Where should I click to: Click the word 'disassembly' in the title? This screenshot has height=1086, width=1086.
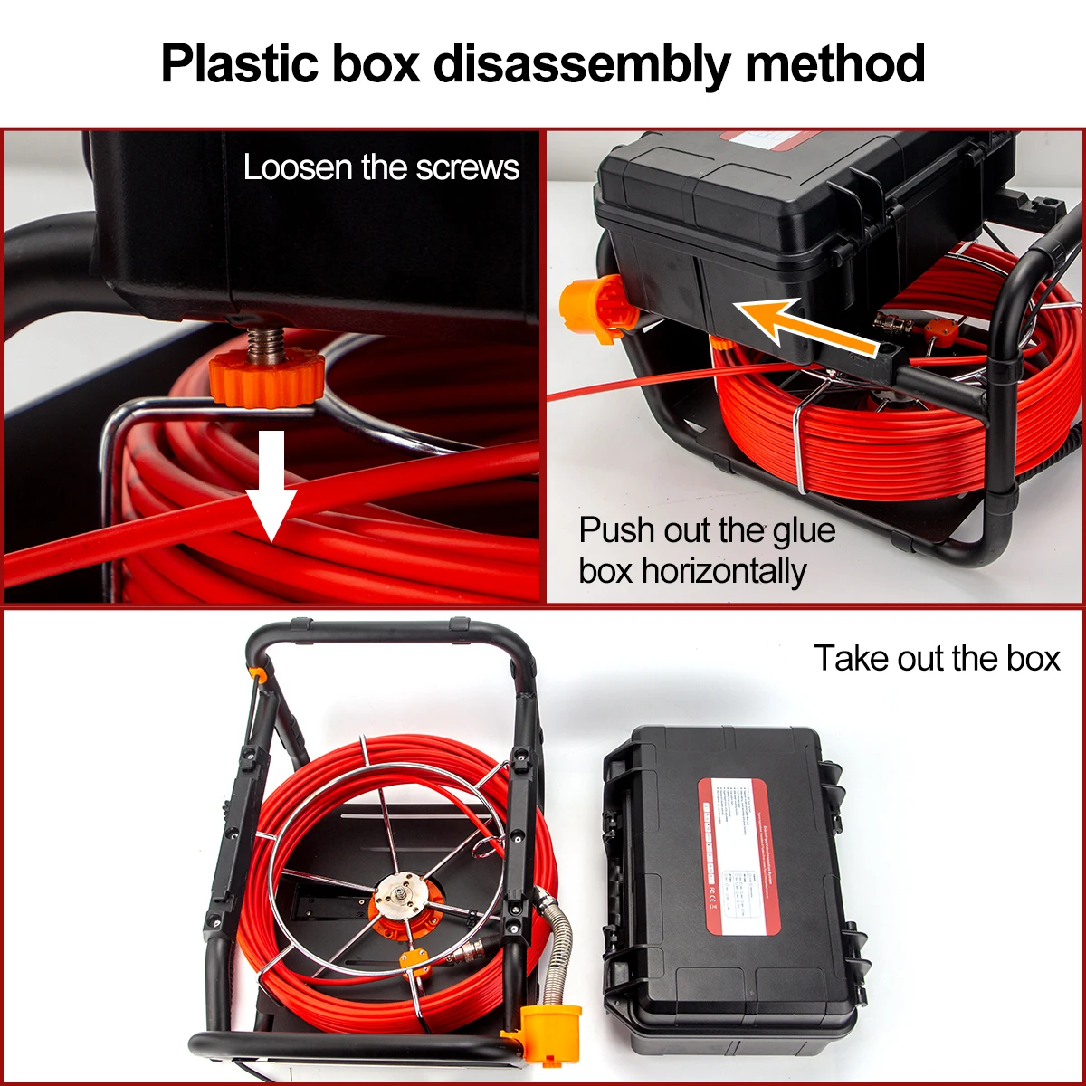[x=580, y=64]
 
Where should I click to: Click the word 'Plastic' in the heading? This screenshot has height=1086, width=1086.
[x=239, y=64]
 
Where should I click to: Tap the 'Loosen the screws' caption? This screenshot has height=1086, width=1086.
[x=381, y=168]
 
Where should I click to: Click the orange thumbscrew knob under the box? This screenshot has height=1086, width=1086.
[x=266, y=378]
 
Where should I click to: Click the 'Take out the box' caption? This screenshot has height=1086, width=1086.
[x=936, y=659]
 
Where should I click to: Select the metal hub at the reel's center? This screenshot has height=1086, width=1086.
[x=399, y=901]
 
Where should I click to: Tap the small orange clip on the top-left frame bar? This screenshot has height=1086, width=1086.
[x=258, y=674]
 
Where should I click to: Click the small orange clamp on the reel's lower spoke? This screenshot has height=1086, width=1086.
[x=415, y=960]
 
